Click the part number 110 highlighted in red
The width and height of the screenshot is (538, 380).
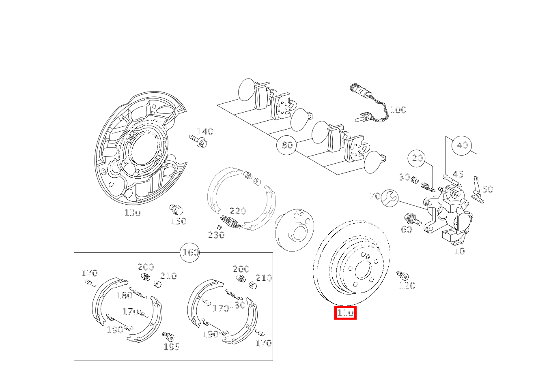click(345, 313)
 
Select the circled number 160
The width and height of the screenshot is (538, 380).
click(190, 253)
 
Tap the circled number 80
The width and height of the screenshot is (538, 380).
click(287, 145)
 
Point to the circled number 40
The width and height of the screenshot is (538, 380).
click(462, 145)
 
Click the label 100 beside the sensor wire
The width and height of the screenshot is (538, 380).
click(398, 110)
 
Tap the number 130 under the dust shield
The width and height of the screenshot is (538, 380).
click(132, 213)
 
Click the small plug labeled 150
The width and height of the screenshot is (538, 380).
click(176, 210)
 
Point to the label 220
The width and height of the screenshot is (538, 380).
click(238, 211)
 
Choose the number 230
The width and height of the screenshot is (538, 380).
click(216, 235)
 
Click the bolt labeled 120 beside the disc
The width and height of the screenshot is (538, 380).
click(402, 276)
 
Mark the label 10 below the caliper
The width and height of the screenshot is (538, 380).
click(459, 251)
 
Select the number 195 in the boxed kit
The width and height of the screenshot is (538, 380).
click(172, 347)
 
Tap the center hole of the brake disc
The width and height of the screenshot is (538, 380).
click(361, 269)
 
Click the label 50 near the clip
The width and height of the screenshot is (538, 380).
click(487, 189)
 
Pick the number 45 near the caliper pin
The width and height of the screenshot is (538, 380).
click(458, 174)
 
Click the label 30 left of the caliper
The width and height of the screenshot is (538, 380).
click(404, 177)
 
